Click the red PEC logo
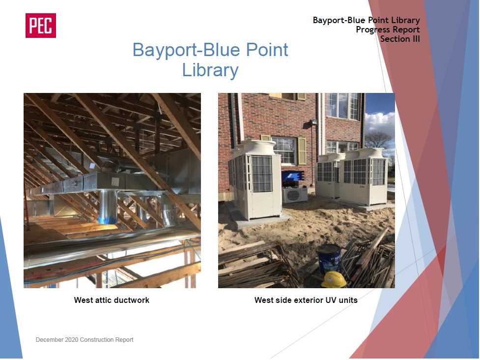pos(41,26)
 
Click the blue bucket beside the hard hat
pos(329,258)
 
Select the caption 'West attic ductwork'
pos(112,300)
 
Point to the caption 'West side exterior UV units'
pos(306,300)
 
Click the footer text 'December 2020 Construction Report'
pos(85,339)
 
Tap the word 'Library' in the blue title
pos(210,70)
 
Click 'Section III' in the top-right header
pos(400,39)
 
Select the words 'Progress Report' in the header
pos(388,30)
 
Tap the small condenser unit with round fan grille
pos(294,195)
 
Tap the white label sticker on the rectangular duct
pos(115,181)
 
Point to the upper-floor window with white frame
pos(342,106)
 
